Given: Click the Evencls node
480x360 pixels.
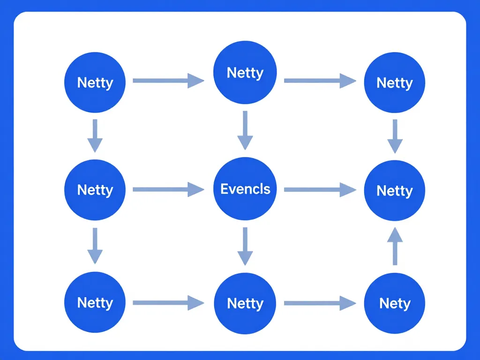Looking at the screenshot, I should click(245, 189).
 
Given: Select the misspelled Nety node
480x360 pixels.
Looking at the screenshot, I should click(395, 303).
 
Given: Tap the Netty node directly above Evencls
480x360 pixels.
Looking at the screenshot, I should click(245, 73).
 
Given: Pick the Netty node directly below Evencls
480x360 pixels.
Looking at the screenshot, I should click(245, 303).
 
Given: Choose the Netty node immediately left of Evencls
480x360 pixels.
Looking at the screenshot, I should click(95, 189).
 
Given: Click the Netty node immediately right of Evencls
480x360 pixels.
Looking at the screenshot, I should click(395, 190).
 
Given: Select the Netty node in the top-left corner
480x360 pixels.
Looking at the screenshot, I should click(95, 82).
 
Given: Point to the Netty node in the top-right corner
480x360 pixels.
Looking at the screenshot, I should click(395, 82).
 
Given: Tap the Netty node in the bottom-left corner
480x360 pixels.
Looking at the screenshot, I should click(95, 302).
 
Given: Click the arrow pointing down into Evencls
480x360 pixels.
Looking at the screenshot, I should click(245, 130).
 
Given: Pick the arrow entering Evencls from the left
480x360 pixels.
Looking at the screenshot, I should click(168, 189).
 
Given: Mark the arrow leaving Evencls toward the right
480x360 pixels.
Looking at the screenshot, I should click(320, 189).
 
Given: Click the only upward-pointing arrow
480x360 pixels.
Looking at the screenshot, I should click(395, 246).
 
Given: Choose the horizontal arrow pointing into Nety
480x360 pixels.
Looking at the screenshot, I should click(320, 303).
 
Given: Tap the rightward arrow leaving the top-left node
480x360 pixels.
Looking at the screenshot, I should click(168, 81).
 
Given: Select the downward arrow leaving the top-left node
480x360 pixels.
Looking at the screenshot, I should click(95, 135).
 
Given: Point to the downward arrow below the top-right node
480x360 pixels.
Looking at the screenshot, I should click(395, 136).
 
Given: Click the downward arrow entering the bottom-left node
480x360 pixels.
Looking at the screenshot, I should click(95, 246).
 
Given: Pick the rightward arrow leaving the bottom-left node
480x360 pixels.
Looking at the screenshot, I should click(168, 303).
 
